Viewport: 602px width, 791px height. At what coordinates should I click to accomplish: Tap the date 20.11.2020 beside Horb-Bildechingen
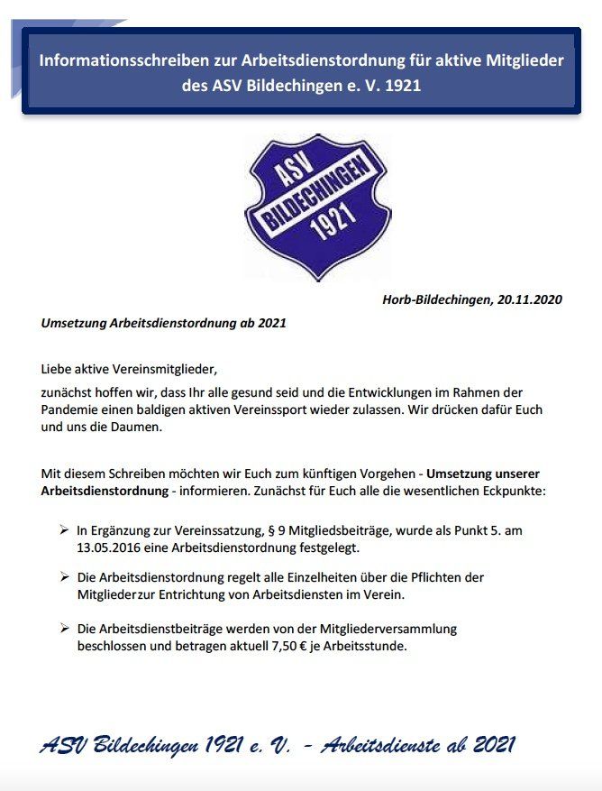(x=529, y=299)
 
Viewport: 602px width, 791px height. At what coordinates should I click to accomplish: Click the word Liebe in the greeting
(x=57, y=369)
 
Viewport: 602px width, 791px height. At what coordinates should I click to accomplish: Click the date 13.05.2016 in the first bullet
(x=110, y=547)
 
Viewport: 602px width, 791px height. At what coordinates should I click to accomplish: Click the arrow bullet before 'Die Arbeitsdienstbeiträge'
(x=64, y=629)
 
